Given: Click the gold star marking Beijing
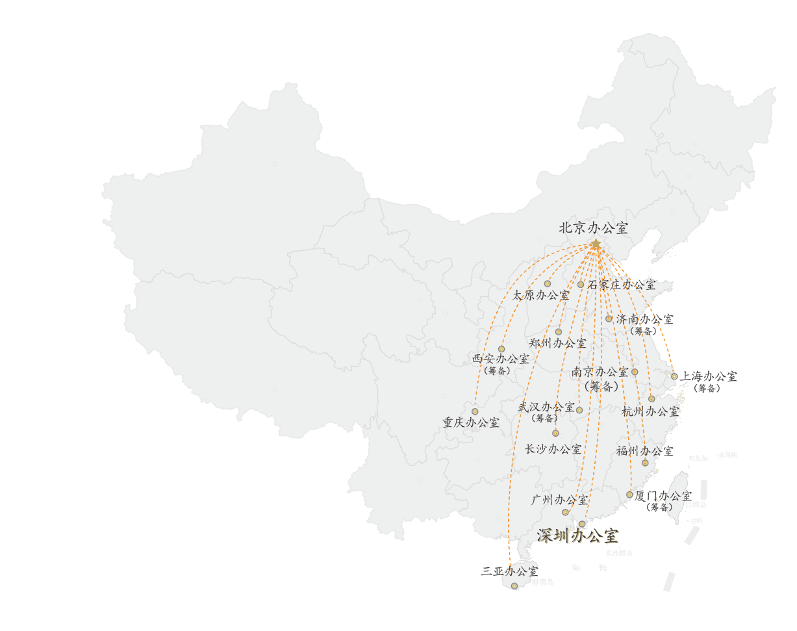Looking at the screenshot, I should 595,244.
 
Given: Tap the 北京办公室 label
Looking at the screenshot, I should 594,228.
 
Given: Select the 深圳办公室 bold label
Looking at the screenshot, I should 577,536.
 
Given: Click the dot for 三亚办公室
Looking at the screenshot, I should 514,586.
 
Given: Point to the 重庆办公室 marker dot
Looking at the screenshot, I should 475,411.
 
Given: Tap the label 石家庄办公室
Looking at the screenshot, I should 622,285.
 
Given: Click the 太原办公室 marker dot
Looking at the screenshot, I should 548,284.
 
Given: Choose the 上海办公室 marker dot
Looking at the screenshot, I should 674,376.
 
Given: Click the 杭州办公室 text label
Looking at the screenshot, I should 650,411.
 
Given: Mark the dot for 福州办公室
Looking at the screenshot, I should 645,463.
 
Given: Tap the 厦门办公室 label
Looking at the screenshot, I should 663,496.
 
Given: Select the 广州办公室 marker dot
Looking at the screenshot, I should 565,512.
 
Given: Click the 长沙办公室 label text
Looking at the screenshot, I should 553,449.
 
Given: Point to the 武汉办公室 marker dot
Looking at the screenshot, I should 579,410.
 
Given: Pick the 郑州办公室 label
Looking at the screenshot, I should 557,343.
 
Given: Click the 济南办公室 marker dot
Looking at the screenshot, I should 609,318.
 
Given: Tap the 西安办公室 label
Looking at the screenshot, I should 500,359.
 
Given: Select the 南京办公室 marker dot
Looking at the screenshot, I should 635,372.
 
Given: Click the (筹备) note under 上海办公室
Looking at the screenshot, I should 706,389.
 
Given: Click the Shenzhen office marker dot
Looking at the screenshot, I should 582,524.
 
